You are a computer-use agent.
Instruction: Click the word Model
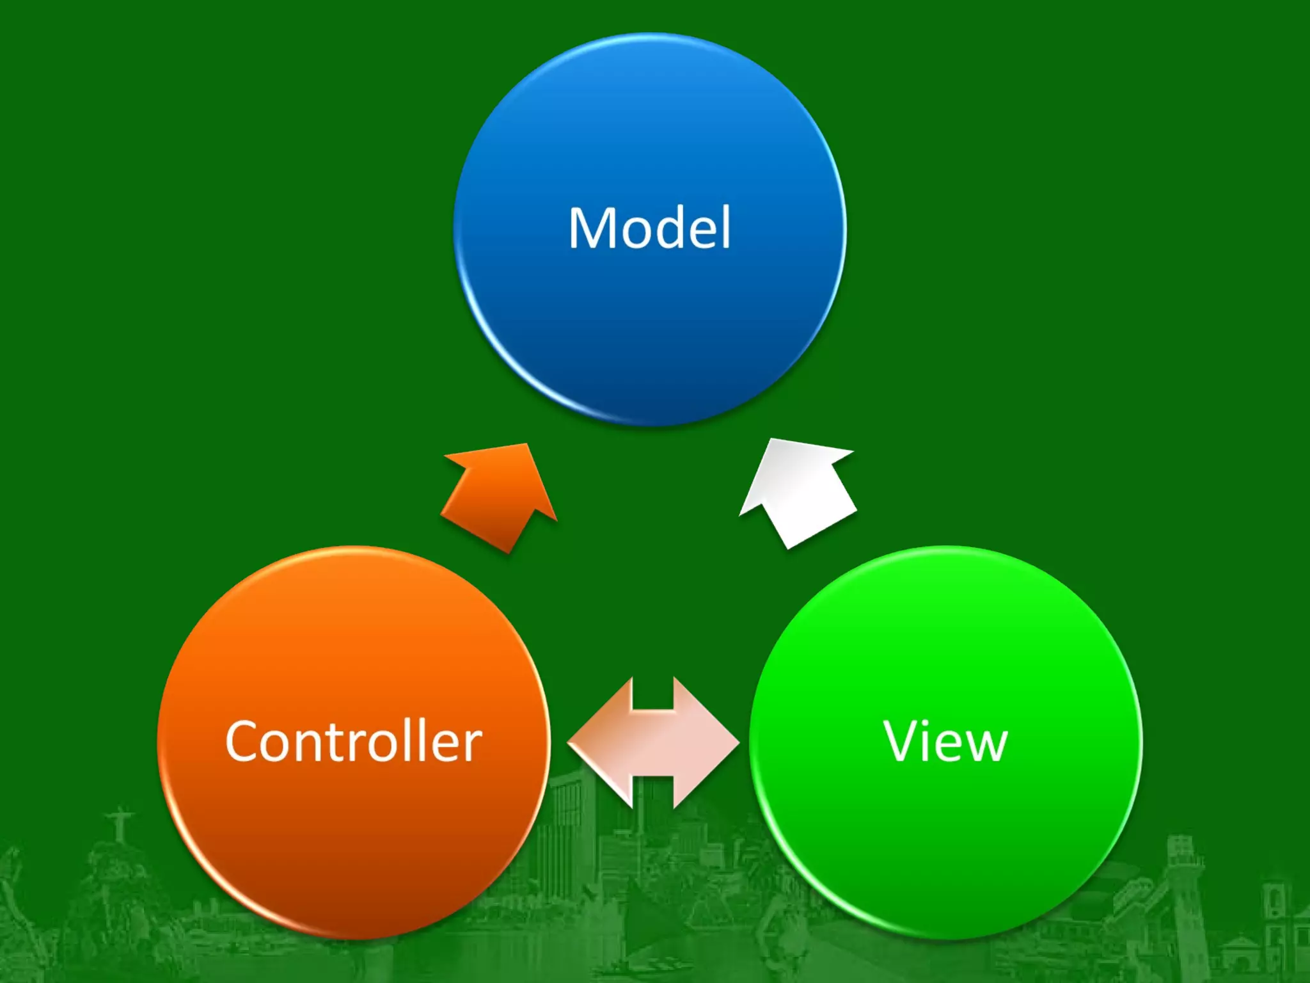click(649, 228)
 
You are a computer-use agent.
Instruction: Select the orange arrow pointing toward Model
click(502, 496)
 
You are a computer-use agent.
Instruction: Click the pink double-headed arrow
click(653, 742)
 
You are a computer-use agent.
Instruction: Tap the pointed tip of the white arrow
click(774, 441)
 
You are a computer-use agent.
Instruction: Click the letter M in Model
click(592, 228)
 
